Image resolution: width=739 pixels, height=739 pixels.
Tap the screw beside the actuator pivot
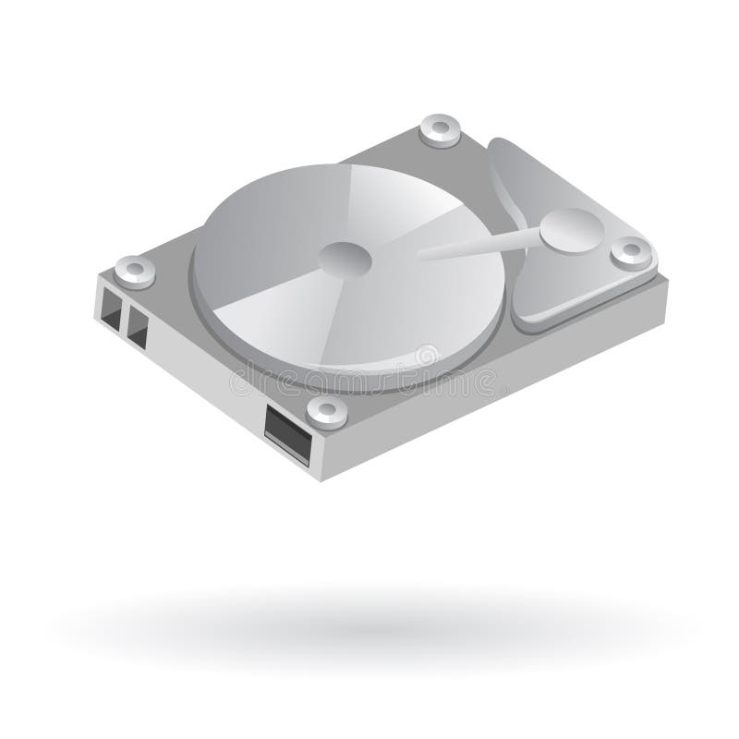point(632,251)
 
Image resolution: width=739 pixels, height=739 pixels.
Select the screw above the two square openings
point(135,270)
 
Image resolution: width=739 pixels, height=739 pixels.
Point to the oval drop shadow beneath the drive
point(369,613)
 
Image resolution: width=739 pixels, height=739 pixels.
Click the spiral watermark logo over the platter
point(427,354)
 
